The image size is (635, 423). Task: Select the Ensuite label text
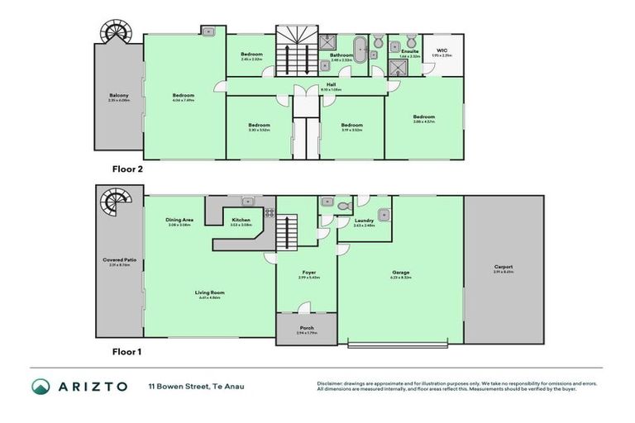pyautogui.click(x=409, y=51)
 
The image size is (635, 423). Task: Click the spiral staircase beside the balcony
pyautogui.click(x=112, y=32)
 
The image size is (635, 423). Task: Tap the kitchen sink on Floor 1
pyautogui.click(x=246, y=201)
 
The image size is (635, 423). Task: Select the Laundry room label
pyautogui.click(x=364, y=221)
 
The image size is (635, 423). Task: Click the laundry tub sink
pyautogui.click(x=384, y=216)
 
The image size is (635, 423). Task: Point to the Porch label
pyautogui.click(x=306, y=328)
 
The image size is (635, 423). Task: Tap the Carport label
pyautogui.click(x=504, y=267)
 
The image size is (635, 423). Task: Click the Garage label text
pyautogui.click(x=401, y=273)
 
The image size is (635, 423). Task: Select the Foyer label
pyautogui.click(x=308, y=273)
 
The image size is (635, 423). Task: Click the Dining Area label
pyautogui.click(x=179, y=220)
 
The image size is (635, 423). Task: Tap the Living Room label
pyautogui.click(x=210, y=292)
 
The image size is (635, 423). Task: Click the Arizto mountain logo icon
pyautogui.click(x=41, y=386)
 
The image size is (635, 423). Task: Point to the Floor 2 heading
pyautogui.click(x=127, y=168)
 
